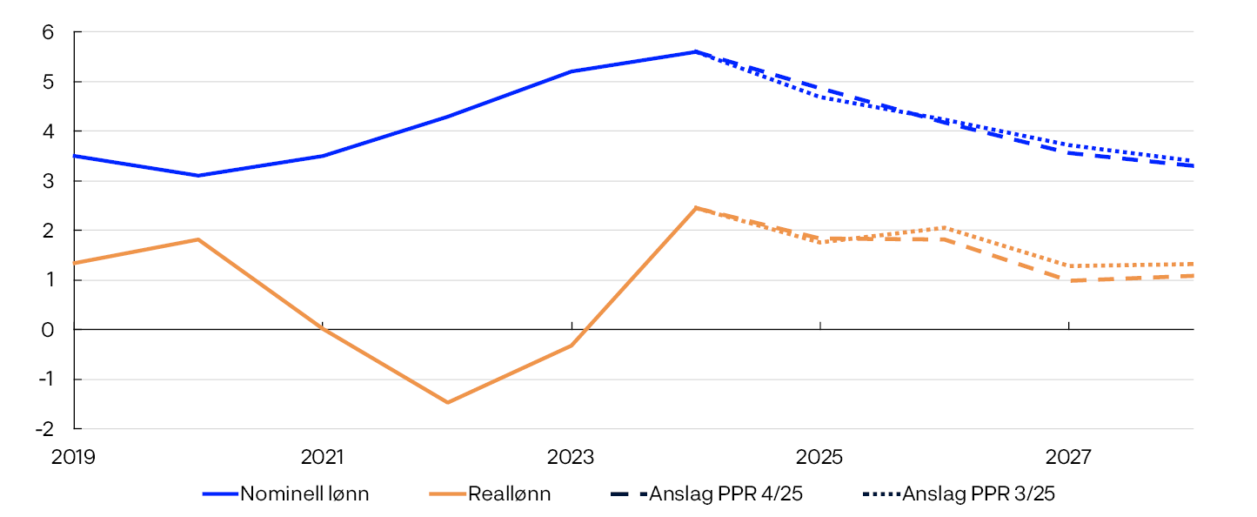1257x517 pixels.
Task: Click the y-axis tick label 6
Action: pos(49,32)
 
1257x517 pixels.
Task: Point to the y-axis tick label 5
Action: pos(49,82)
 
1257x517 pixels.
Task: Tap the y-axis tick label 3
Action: pos(49,181)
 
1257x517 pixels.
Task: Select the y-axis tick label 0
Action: pos(49,330)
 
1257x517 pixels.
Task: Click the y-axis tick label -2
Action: pos(45,429)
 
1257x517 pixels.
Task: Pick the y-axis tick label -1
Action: pos(45,379)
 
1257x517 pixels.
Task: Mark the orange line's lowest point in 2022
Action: pos(447,402)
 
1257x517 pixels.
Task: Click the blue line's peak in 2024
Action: pos(696,51)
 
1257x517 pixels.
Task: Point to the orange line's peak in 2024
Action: pos(696,208)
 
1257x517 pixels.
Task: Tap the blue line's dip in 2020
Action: pos(198,176)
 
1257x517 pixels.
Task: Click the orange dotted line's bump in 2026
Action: pos(945,228)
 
